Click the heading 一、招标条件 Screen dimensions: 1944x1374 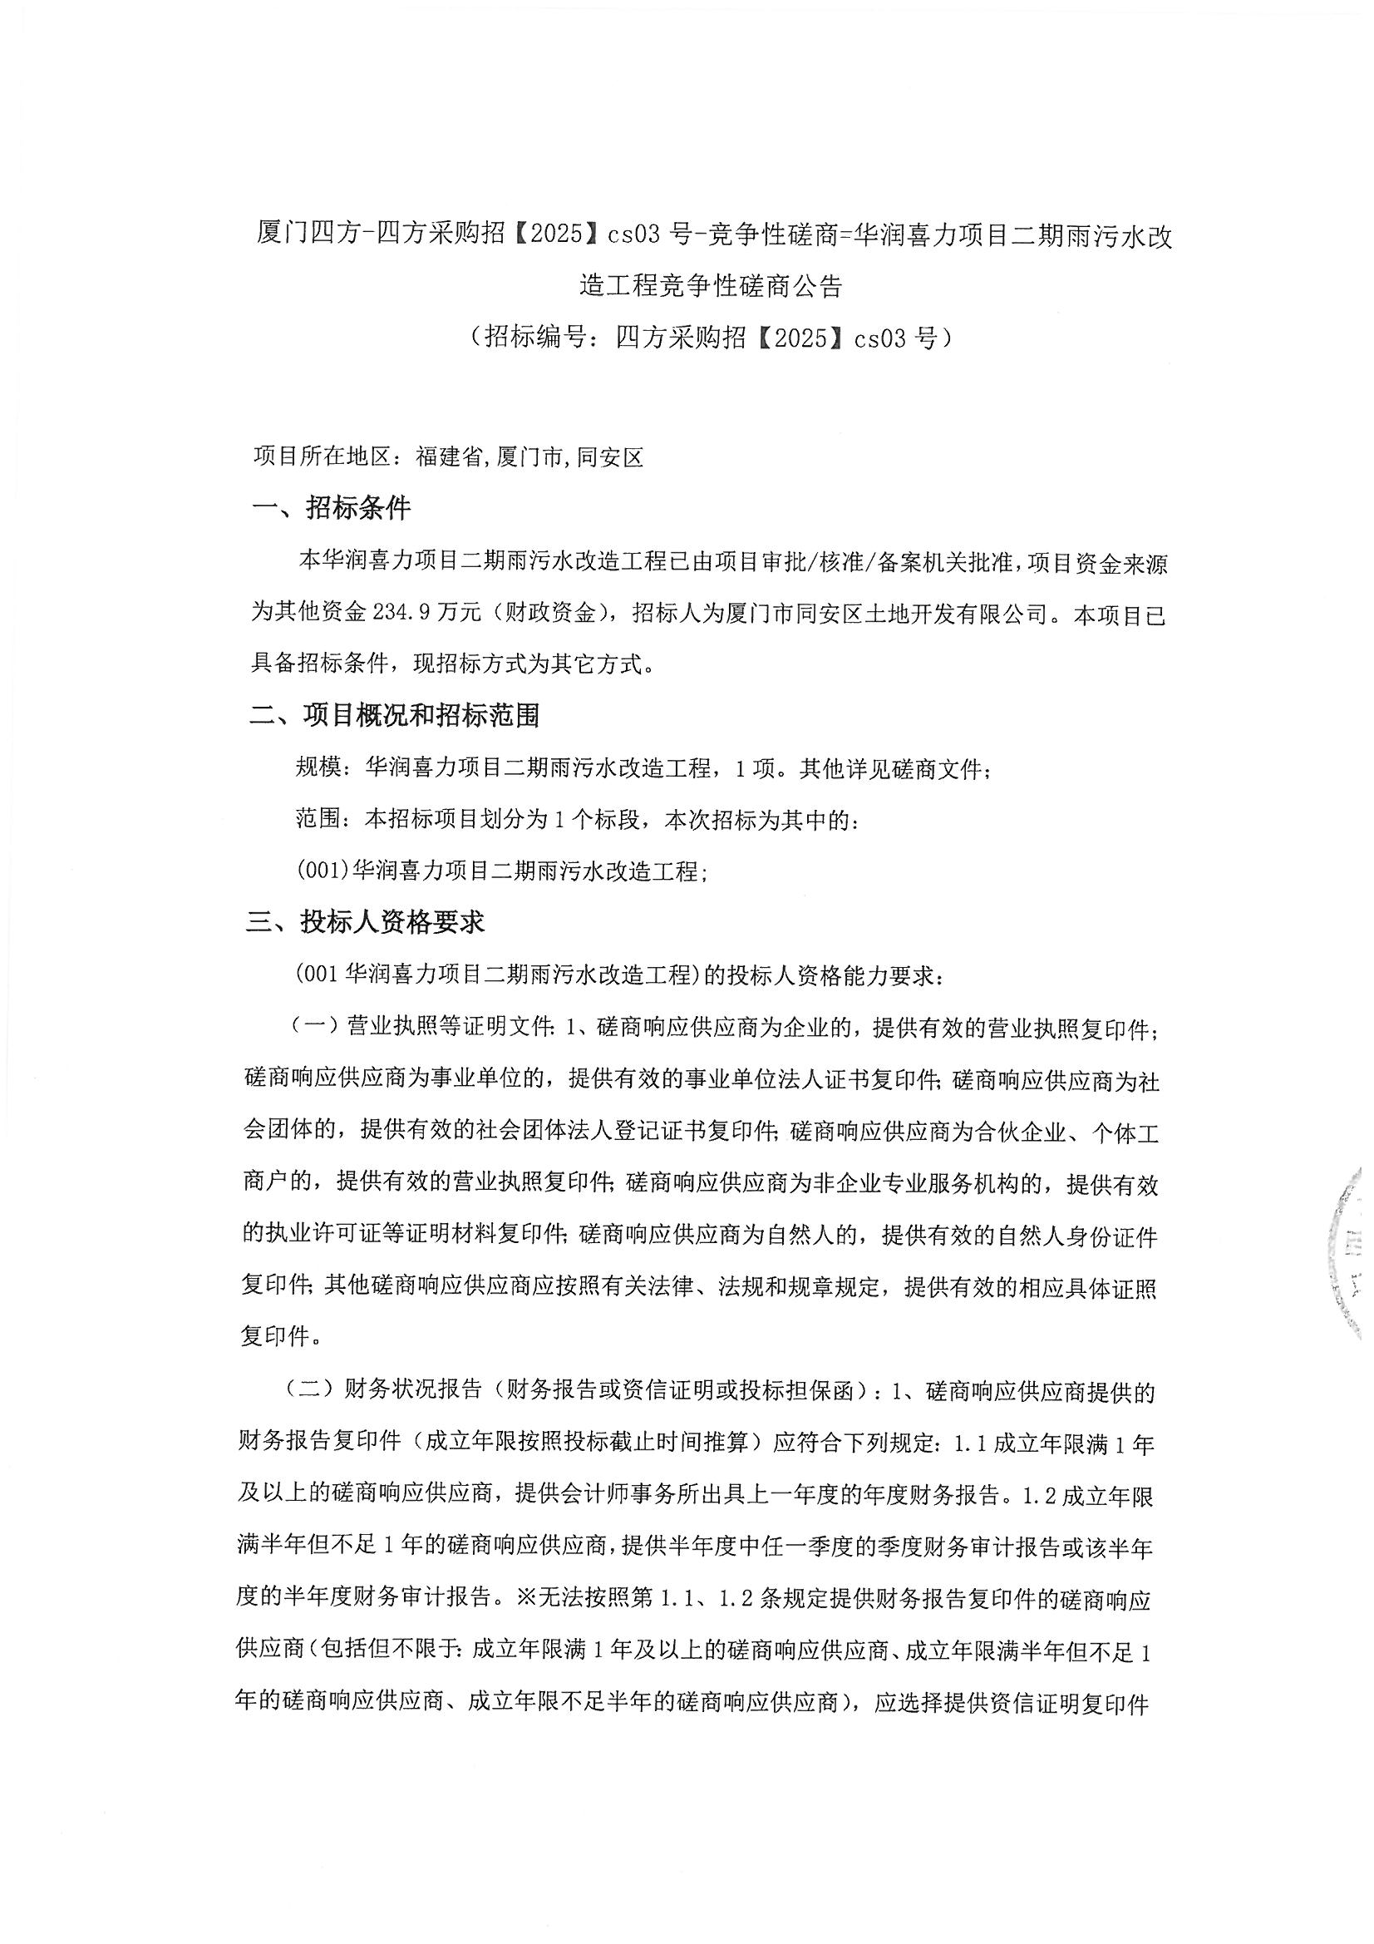pos(332,508)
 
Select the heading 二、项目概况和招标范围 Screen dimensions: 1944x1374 pos(395,715)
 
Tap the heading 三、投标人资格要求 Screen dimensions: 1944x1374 pos(366,922)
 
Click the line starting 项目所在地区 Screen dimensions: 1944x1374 pos(448,457)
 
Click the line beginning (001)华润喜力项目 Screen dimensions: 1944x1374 pos(502,871)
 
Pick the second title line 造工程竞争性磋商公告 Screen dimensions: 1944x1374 pos(711,286)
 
